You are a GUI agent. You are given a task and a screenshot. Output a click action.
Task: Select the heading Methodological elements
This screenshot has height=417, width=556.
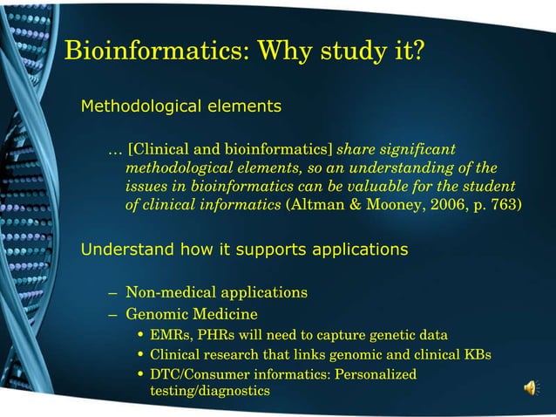pyautogui.click(x=180, y=107)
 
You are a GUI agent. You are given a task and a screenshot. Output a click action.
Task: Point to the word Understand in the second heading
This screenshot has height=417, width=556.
pyautogui.click(x=124, y=250)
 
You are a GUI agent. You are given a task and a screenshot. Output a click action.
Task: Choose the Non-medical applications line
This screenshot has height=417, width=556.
pyautogui.click(x=216, y=292)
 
